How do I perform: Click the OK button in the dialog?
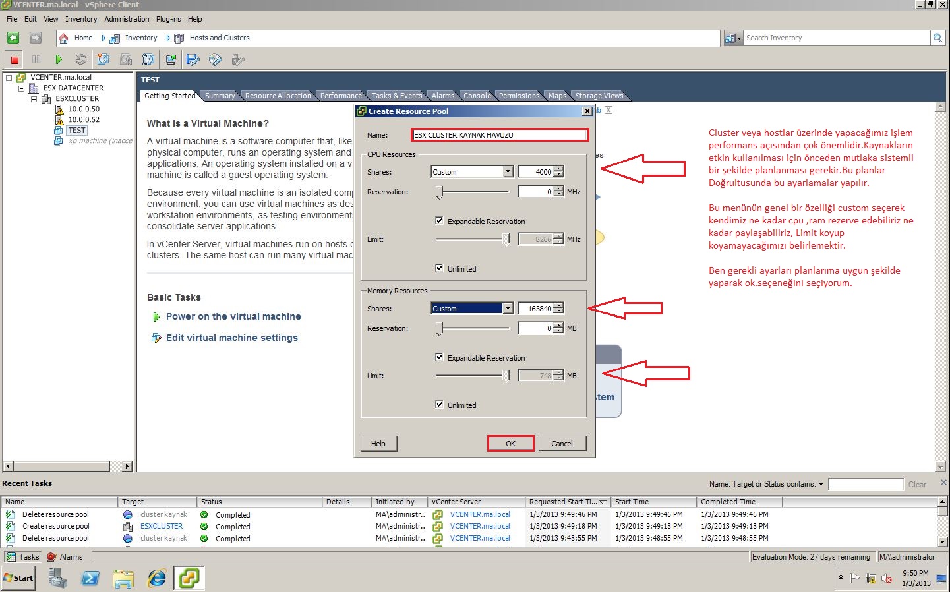tap(510, 444)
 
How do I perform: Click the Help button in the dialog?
tap(378, 444)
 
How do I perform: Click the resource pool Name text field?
tap(500, 135)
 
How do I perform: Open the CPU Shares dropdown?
tap(508, 172)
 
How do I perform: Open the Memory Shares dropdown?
tap(508, 309)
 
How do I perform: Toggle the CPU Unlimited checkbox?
tap(439, 268)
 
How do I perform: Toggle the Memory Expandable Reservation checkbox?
tap(439, 357)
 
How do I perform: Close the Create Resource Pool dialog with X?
tap(587, 111)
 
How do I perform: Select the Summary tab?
tap(220, 96)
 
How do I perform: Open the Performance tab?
tap(341, 96)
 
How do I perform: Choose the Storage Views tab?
tap(599, 96)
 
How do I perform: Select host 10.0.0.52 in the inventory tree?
tap(84, 119)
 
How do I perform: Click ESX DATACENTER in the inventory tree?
tap(73, 88)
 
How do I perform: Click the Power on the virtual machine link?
tap(233, 316)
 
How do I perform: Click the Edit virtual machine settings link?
tap(231, 338)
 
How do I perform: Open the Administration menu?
tap(127, 19)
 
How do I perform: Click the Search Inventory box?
tap(836, 38)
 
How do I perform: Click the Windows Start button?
tap(18, 578)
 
